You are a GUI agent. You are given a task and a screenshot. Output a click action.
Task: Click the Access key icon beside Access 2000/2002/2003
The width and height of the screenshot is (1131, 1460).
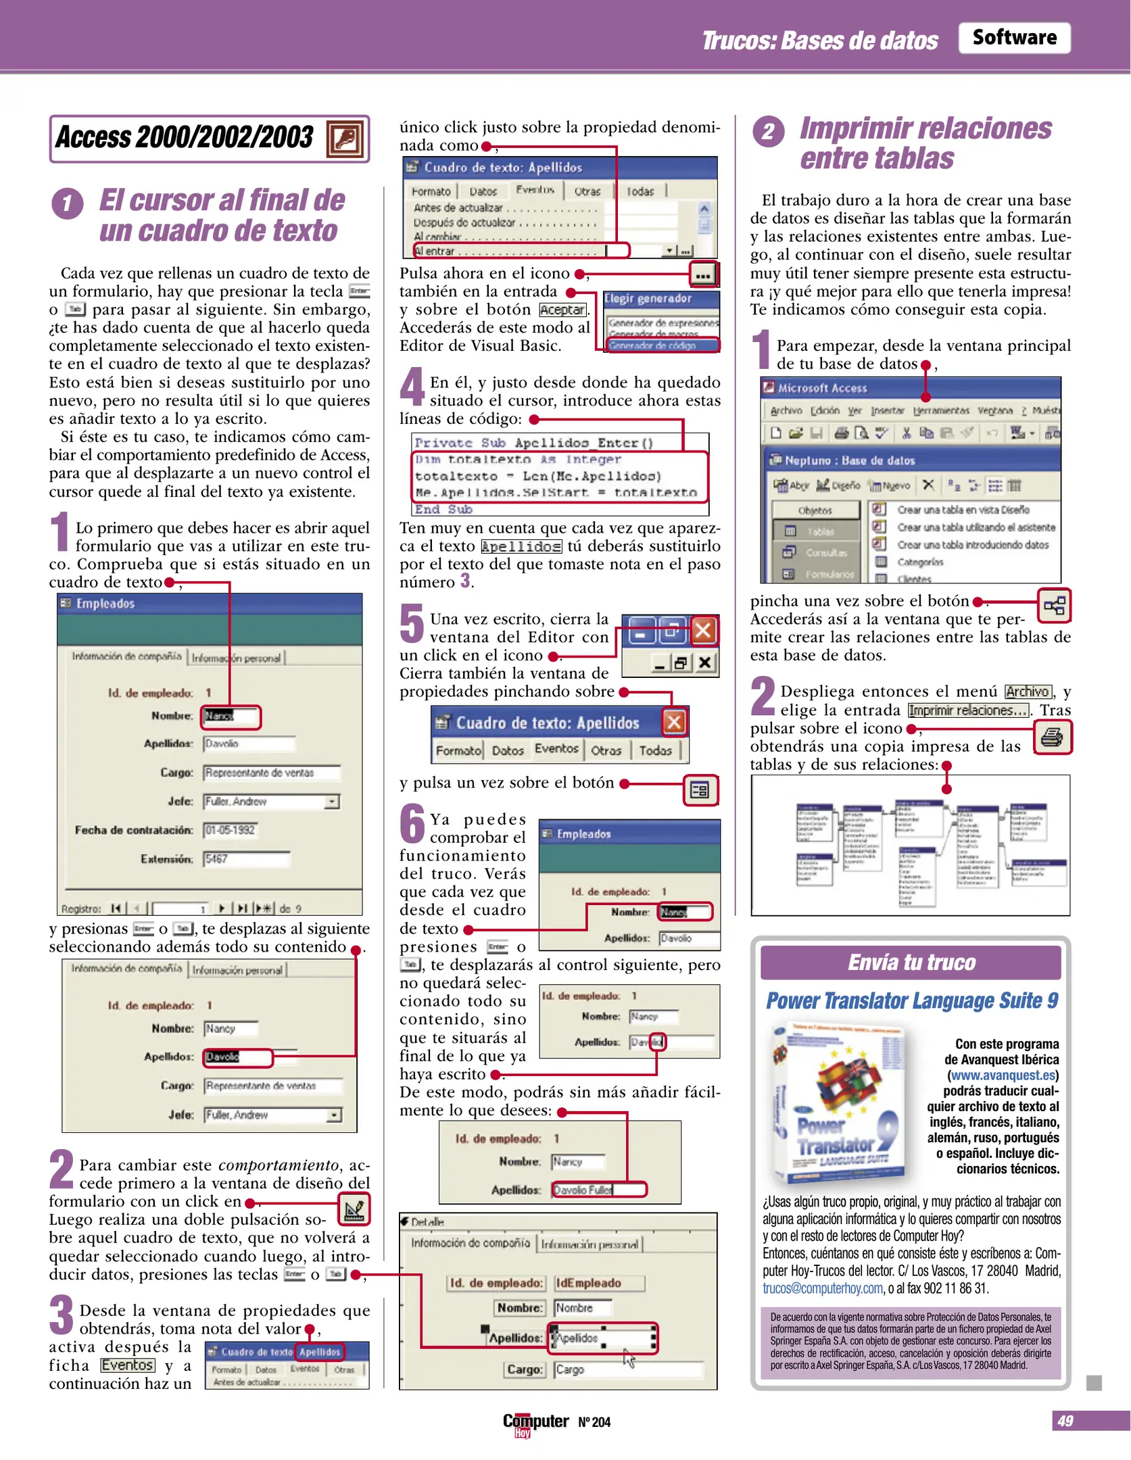pos(345,139)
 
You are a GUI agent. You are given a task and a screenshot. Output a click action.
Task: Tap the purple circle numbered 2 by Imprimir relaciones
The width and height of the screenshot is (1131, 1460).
pos(768,131)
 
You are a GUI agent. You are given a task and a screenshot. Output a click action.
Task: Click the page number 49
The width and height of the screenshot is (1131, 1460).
pos(1065,1421)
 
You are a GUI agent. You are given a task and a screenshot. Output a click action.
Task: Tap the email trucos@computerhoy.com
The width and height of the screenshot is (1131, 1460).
pos(822,1288)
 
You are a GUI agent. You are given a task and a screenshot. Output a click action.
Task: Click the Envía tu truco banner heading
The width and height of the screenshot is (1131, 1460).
pos(911,963)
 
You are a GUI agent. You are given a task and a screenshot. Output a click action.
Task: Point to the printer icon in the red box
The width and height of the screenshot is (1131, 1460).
pos(1053,737)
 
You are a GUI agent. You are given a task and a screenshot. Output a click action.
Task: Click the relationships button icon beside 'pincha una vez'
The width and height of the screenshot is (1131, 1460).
pos(1054,605)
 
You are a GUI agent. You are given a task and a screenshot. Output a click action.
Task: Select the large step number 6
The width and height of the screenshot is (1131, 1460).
pos(412,824)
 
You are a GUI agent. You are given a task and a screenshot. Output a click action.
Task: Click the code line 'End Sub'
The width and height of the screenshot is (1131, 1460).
pos(443,510)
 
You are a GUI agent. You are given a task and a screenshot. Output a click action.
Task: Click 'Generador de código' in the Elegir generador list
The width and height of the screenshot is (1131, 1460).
pos(652,346)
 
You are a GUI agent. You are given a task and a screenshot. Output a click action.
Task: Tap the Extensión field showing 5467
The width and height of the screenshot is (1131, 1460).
pos(246,859)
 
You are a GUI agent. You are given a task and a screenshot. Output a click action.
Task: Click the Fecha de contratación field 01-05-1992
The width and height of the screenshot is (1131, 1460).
pos(231,830)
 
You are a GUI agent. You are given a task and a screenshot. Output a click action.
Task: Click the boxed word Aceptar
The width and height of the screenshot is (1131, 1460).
pos(562,310)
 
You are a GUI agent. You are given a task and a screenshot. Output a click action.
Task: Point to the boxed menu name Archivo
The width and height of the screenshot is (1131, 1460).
pos(1027,691)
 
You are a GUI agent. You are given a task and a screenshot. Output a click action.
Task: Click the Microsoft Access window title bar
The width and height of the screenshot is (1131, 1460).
pos(910,388)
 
